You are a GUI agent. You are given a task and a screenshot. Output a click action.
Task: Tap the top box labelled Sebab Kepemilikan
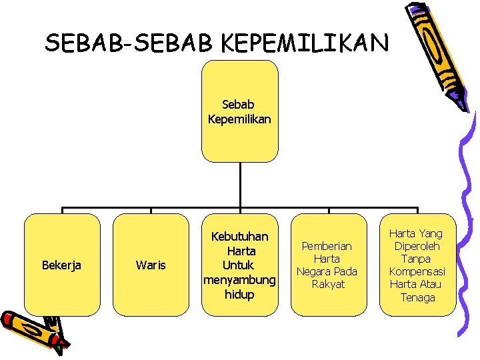click(x=239, y=111)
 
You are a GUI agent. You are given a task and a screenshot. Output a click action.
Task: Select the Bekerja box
click(x=62, y=265)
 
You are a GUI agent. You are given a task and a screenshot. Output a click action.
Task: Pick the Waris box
click(x=151, y=265)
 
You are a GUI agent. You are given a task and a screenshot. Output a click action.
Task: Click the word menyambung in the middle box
click(x=239, y=280)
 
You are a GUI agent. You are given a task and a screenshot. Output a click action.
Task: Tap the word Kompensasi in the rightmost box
click(x=417, y=271)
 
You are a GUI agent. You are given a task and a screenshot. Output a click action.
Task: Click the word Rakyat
click(x=328, y=284)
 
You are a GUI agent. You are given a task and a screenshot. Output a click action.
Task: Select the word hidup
click(x=239, y=295)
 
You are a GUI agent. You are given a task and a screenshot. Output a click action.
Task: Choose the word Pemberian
click(x=327, y=246)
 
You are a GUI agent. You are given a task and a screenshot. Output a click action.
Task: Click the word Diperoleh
click(x=417, y=246)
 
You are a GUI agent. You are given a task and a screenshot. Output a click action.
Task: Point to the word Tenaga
click(x=417, y=297)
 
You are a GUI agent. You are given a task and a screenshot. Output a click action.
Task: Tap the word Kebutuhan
click(x=239, y=237)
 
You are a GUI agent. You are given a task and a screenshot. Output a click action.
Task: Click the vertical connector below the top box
click(x=239, y=185)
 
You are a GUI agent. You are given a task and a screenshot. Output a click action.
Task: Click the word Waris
click(x=151, y=265)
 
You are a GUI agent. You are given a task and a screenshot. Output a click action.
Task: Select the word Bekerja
click(x=61, y=265)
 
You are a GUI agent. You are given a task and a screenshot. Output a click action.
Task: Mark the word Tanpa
click(x=417, y=259)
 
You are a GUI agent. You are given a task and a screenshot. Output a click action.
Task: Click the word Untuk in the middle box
click(x=239, y=265)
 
